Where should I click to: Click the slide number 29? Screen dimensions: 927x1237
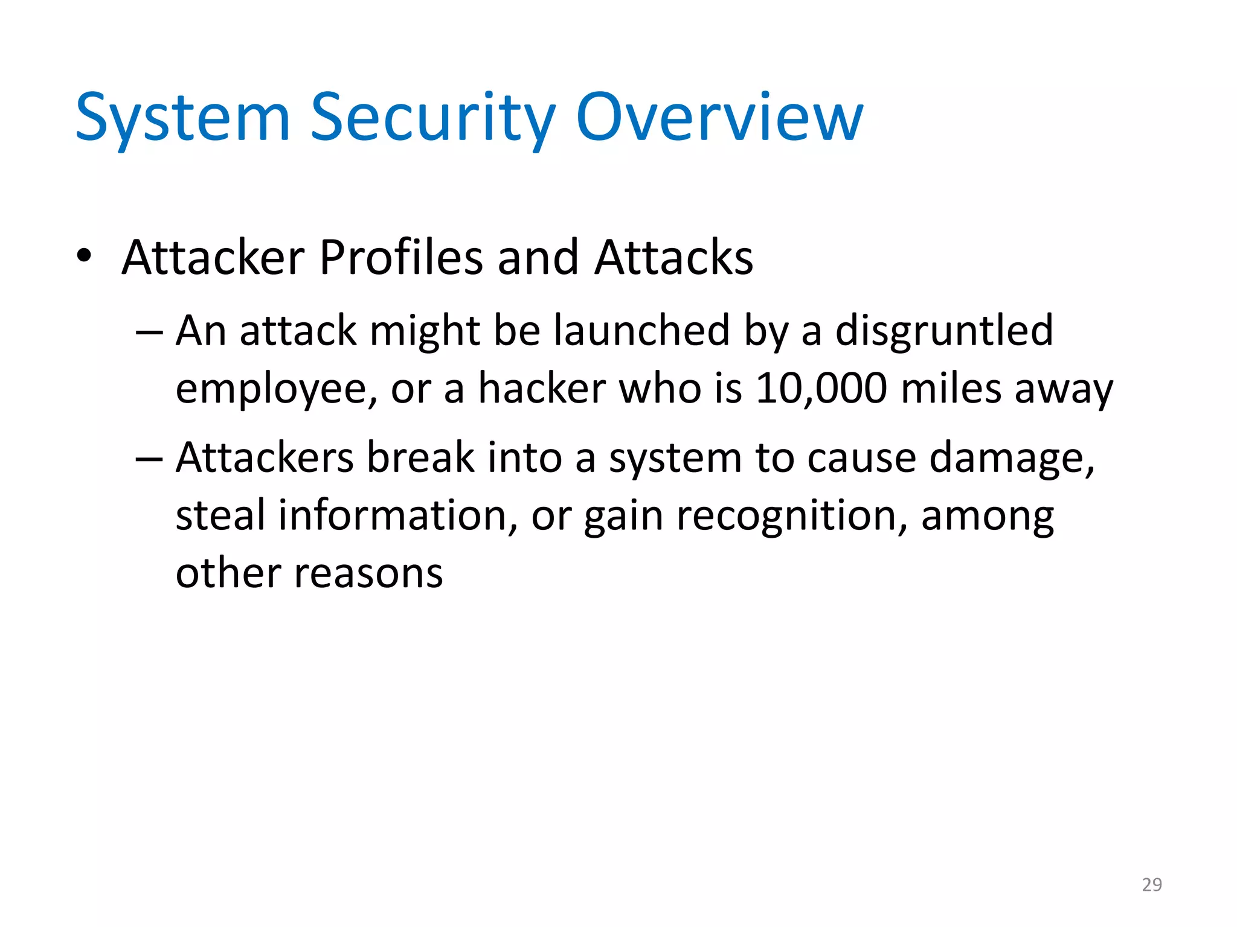[x=1152, y=885]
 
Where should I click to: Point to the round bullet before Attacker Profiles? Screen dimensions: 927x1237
[x=84, y=256]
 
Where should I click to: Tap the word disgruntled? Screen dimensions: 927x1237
[x=944, y=331]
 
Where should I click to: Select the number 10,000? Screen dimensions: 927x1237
[x=821, y=388]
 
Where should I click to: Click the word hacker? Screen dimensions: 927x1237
[x=542, y=388]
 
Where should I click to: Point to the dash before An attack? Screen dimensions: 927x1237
[x=149, y=333]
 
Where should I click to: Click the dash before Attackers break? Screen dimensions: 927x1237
[x=149, y=459]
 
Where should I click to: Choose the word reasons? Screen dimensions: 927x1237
[x=368, y=573]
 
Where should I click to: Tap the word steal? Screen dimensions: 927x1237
[x=220, y=515]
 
